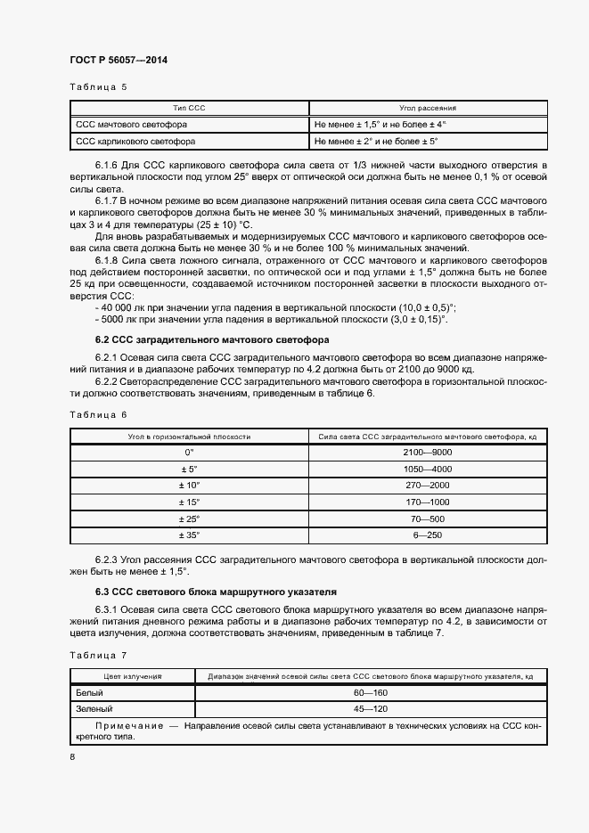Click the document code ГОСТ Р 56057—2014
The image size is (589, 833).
click(118, 60)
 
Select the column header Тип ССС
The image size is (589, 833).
click(189, 108)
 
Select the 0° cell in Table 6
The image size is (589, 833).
click(189, 453)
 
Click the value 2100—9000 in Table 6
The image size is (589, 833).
click(428, 453)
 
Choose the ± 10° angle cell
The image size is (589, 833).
click(189, 486)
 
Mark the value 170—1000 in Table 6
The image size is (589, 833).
click(428, 502)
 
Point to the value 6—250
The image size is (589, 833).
click(428, 535)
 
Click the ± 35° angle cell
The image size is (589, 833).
click(189, 535)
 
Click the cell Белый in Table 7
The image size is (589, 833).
click(90, 692)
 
